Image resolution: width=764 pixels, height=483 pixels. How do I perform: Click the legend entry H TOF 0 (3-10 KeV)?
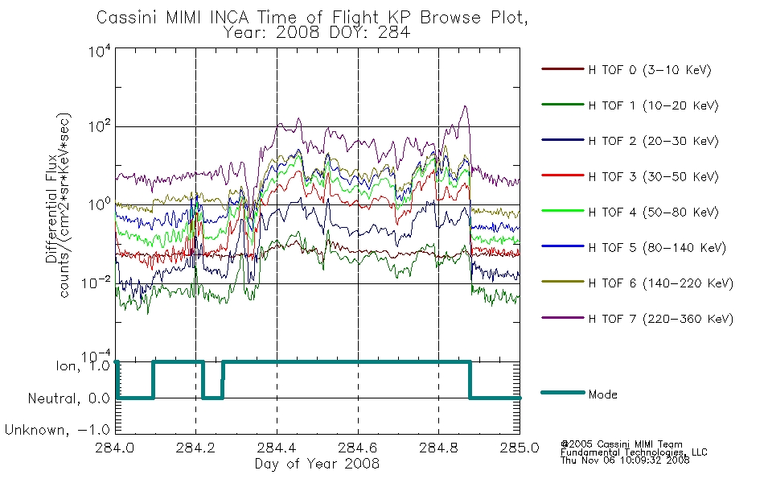[626, 70]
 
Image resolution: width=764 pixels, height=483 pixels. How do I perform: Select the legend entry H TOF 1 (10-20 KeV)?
[630, 105]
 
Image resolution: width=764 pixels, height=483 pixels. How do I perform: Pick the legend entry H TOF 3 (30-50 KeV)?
[630, 176]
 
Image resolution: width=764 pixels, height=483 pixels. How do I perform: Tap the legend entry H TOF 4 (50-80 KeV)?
[630, 212]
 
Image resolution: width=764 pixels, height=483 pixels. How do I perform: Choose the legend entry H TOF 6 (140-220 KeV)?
[637, 283]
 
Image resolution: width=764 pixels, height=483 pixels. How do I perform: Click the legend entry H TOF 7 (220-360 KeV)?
[637, 319]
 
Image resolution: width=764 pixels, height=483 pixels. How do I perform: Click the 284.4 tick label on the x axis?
[277, 448]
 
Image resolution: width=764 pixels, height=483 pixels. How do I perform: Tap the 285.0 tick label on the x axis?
[520, 448]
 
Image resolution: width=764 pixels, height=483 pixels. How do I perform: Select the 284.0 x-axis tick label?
[115, 448]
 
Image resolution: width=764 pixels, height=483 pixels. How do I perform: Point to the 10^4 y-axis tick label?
[100, 51]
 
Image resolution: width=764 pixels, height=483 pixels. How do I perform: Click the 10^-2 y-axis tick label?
[96, 283]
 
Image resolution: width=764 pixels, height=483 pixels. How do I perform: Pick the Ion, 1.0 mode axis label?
[83, 365]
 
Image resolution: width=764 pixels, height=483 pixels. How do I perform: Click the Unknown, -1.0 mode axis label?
[57, 430]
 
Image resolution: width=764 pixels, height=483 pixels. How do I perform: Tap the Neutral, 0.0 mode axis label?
[68, 398]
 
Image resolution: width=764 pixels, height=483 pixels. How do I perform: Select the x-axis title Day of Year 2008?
[317, 464]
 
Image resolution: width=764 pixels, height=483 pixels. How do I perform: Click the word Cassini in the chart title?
[127, 18]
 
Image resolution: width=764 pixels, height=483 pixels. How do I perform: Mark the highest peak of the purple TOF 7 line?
[465, 106]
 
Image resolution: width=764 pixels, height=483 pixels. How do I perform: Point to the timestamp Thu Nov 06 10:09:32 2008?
[625, 460]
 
